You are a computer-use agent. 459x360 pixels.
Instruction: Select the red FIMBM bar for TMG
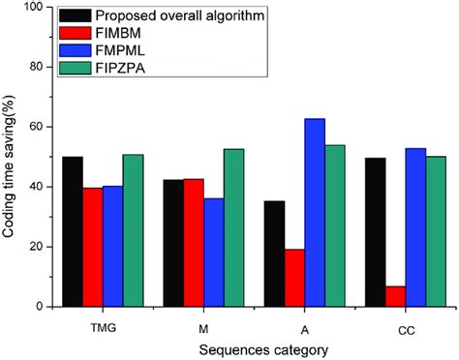93,247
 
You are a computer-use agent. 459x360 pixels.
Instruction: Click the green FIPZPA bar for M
234,227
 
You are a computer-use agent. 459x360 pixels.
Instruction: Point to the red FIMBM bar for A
295,278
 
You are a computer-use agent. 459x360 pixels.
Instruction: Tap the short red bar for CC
396,296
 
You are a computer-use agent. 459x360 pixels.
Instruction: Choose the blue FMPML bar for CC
416,226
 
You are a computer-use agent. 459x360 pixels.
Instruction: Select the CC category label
407,326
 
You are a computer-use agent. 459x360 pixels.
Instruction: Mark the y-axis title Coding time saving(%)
12,160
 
